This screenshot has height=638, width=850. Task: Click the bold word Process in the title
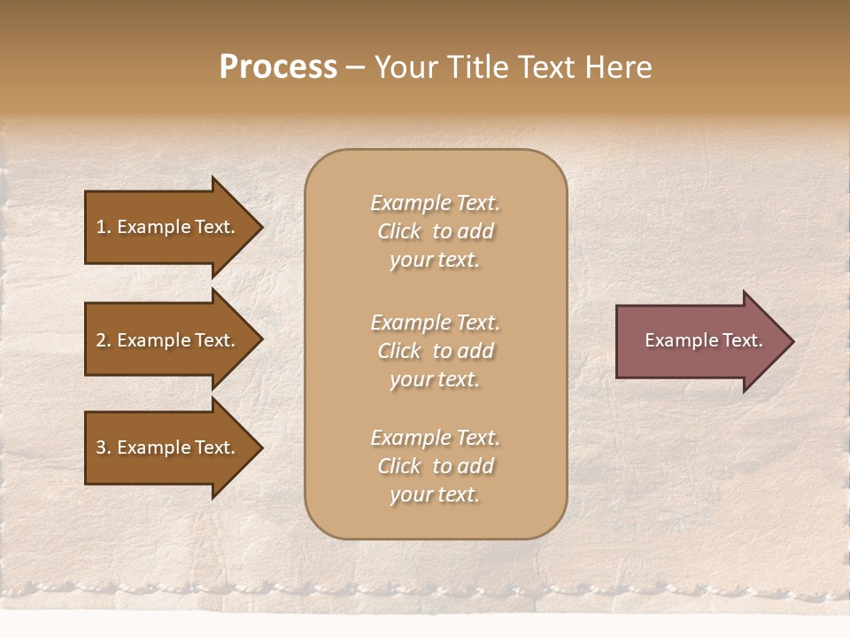tap(278, 67)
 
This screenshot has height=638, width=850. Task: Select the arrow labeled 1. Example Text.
tap(165, 227)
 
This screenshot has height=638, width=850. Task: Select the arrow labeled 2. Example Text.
tap(165, 340)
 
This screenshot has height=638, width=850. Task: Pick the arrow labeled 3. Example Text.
tap(165, 447)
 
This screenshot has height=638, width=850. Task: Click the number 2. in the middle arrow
tap(103, 340)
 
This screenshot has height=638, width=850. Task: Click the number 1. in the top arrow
tap(103, 227)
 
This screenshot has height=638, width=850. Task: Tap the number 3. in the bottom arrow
tap(103, 447)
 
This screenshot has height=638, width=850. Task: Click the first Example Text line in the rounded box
tap(435, 203)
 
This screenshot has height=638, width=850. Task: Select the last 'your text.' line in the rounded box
tap(435, 494)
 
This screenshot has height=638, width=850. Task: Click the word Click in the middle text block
tap(398, 351)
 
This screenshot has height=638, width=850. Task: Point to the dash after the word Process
tap(355, 68)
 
